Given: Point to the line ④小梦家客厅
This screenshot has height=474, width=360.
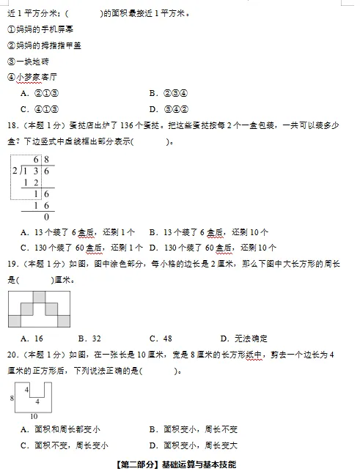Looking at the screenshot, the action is pos(32,78).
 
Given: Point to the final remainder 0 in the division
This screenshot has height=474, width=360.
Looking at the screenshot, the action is pos(46,216).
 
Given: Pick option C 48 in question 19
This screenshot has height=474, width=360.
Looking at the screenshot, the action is pos(161,338).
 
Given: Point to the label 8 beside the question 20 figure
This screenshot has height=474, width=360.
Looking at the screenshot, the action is pos(11,399).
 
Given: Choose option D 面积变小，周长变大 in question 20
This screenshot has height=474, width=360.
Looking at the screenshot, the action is pos(192,445).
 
